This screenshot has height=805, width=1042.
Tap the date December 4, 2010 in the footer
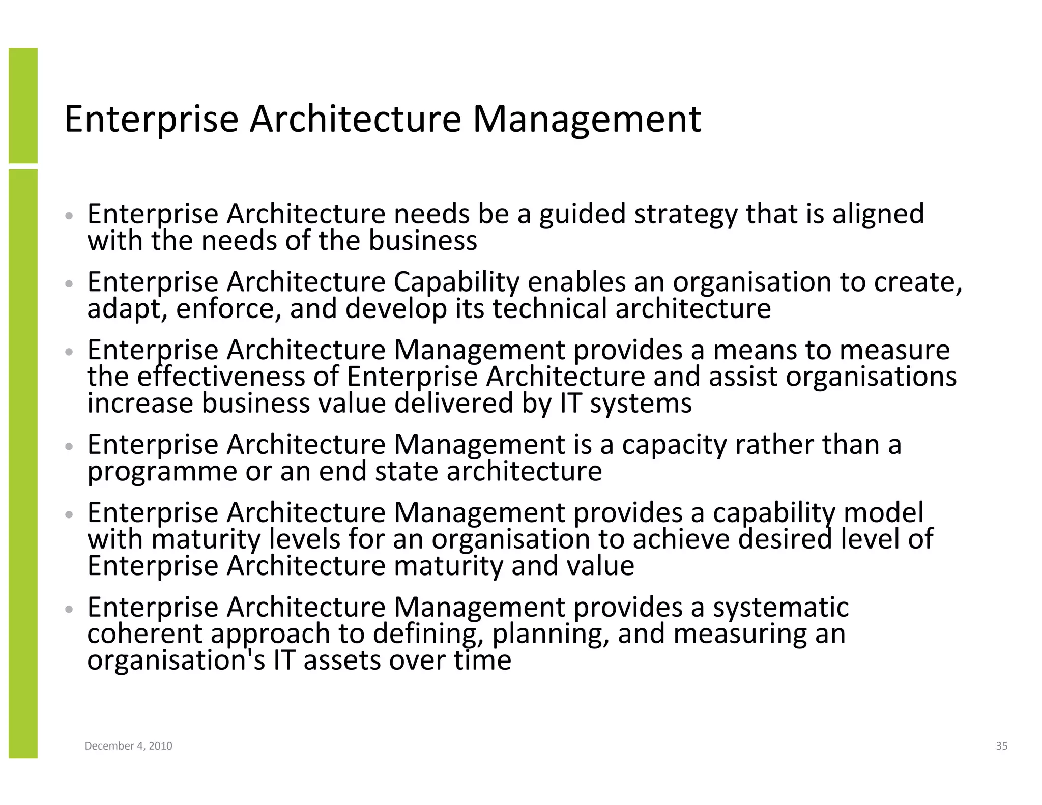point(128,746)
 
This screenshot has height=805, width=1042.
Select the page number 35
point(1001,746)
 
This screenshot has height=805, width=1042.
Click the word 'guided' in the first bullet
point(582,214)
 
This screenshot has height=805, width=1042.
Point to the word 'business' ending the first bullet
point(423,240)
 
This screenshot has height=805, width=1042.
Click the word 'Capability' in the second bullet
point(456,282)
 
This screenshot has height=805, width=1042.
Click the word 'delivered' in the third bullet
point(454,403)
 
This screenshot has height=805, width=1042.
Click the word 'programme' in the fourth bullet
point(162,472)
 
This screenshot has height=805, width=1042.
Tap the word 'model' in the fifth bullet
point(883,512)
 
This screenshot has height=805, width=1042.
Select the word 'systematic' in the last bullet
point(780,607)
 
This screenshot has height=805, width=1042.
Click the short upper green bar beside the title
point(23,105)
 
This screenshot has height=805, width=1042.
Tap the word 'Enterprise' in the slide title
point(151,119)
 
